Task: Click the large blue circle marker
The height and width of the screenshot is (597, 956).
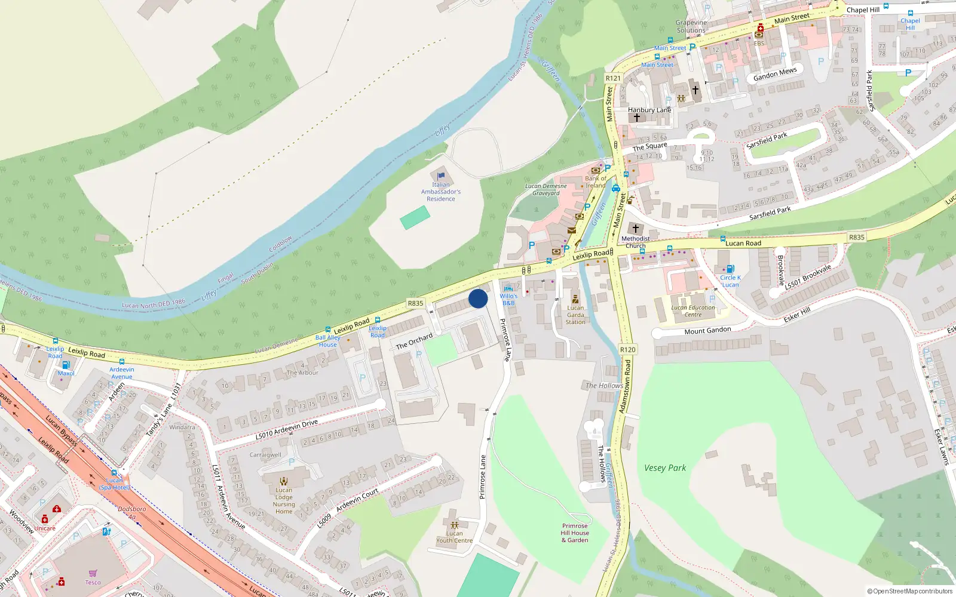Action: [x=478, y=298]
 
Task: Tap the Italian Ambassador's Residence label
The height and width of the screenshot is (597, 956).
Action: [x=441, y=192]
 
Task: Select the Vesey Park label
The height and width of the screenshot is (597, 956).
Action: [x=664, y=468]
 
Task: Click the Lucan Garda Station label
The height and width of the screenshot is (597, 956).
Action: [x=575, y=315]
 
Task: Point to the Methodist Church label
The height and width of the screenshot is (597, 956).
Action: [x=635, y=242]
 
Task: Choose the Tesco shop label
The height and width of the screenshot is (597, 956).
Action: [x=93, y=582]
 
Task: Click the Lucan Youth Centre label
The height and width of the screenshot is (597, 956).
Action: [x=454, y=537]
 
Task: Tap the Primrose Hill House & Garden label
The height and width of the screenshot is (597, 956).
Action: [x=575, y=533]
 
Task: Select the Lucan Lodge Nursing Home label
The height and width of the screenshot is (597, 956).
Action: [x=284, y=500]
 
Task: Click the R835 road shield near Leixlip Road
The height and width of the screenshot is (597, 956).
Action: [x=415, y=303]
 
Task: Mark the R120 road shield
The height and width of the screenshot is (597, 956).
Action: [x=627, y=350]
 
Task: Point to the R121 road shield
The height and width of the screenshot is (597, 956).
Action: [x=613, y=78]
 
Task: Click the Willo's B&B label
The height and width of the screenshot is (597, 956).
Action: [x=508, y=299]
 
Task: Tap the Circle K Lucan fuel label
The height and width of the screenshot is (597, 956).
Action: [x=730, y=281]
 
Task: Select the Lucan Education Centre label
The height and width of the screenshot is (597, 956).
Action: [x=693, y=311]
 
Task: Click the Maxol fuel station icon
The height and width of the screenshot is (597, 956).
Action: [x=66, y=364]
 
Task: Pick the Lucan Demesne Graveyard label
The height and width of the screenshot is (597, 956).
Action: [x=546, y=189]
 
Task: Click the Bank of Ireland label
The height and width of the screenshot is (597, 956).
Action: [x=595, y=181]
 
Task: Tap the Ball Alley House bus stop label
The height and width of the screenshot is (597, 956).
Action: [x=327, y=341]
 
